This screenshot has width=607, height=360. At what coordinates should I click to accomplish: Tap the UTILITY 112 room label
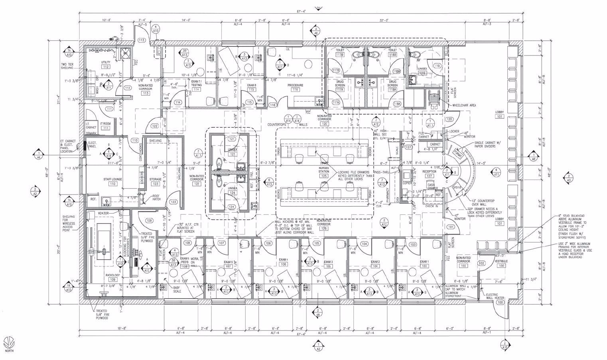[x=106, y=65]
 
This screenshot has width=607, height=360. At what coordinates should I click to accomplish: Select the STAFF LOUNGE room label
[x=113, y=181]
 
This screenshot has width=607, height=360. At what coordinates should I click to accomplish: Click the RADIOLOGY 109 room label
[x=112, y=277]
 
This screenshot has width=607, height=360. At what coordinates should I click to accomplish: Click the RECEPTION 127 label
[x=429, y=173]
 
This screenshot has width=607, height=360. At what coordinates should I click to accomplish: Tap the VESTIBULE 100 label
[x=501, y=263]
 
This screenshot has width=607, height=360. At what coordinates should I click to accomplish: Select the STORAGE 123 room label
[x=155, y=182]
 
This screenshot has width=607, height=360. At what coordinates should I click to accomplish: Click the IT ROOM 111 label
[x=105, y=126]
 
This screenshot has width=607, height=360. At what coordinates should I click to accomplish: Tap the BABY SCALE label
[x=177, y=289]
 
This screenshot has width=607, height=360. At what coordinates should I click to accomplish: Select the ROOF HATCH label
[x=156, y=197]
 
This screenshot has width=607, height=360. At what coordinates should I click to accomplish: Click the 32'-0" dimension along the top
[x=384, y=20]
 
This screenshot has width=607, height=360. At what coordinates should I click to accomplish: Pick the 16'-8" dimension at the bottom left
[x=122, y=329]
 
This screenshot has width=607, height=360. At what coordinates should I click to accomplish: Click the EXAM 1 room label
[x=424, y=263]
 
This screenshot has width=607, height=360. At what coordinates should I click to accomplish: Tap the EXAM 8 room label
[x=251, y=87]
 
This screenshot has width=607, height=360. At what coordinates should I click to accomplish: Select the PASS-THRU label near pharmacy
[x=382, y=172]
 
